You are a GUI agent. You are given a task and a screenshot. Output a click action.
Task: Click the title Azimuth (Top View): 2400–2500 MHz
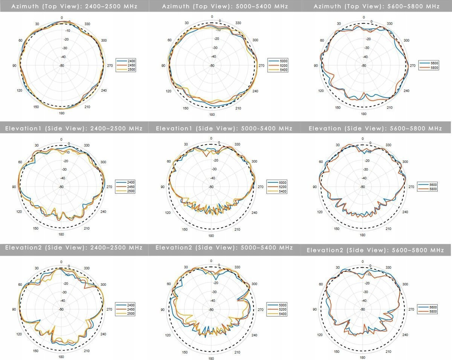tap(74, 6)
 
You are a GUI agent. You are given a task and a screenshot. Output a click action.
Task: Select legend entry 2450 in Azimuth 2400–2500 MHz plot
tap(126, 65)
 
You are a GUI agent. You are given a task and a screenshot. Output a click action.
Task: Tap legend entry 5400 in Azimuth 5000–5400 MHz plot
tap(278, 70)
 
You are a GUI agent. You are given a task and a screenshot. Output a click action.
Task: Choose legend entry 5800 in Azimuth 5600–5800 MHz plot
tap(429, 68)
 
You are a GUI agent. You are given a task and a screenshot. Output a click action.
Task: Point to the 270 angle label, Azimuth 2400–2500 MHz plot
tap(110, 66)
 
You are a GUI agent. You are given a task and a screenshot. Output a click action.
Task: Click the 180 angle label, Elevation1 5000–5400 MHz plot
tap(211, 236)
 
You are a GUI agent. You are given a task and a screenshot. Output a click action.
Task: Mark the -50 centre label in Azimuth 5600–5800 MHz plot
tap(364, 66)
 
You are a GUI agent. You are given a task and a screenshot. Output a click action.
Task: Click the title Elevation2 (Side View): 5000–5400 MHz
tap(224, 248)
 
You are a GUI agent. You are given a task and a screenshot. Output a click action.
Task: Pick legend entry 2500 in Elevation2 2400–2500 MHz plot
tap(125, 314)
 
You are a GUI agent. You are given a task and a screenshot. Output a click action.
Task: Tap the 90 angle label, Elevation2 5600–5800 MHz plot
tap(315, 309)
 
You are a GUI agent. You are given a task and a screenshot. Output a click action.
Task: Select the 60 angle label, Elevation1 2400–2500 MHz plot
tap(20, 162)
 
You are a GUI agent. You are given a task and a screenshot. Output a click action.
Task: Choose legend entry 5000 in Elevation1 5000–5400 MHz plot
tap(277, 182)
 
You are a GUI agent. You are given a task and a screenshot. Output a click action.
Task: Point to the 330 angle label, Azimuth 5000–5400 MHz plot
tap(238, 23)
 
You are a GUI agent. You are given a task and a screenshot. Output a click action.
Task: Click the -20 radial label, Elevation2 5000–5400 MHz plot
tap(216, 283)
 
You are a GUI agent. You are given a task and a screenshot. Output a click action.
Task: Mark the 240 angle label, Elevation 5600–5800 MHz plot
tap(405, 212)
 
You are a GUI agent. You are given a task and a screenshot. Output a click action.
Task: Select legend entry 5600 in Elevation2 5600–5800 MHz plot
tap(428, 307)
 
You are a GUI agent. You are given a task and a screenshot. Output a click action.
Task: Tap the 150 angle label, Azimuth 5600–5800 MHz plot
tap(338, 108)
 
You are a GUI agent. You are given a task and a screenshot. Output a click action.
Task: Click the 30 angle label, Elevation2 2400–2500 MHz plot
tap(37, 268)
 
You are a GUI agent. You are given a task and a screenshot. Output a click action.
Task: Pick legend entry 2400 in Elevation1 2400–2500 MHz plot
tap(125, 182)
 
